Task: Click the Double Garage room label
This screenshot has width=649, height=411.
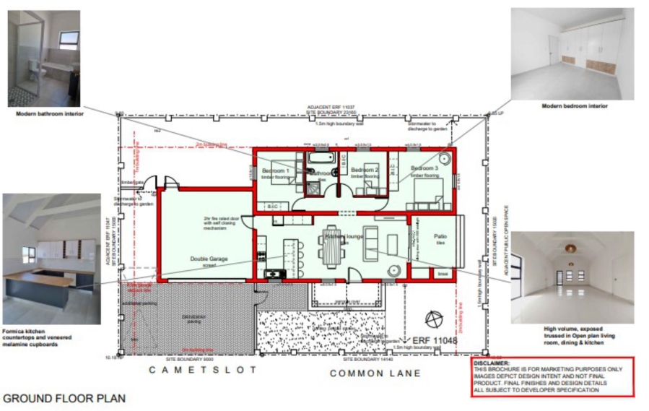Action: [x=204, y=258]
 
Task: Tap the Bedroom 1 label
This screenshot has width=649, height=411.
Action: [x=275, y=170]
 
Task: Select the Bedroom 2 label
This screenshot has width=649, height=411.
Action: [x=365, y=170]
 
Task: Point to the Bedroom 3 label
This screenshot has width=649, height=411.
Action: [x=426, y=169]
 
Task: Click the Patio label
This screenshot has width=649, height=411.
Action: [x=440, y=237]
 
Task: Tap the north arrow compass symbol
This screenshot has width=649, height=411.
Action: [x=435, y=318]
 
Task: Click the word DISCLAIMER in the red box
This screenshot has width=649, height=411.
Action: [x=491, y=363]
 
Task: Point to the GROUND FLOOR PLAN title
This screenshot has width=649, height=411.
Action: [x=64, y=398]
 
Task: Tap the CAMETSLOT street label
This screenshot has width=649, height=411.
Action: [x=193, y=370]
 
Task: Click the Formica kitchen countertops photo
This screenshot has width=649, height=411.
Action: [x=51, y=258]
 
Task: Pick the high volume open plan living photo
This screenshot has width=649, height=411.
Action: [x=572, y=277]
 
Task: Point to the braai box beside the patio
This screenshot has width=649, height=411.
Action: [x=443, y=274]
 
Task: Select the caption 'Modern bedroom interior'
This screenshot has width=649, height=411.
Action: [x=575, y=106]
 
